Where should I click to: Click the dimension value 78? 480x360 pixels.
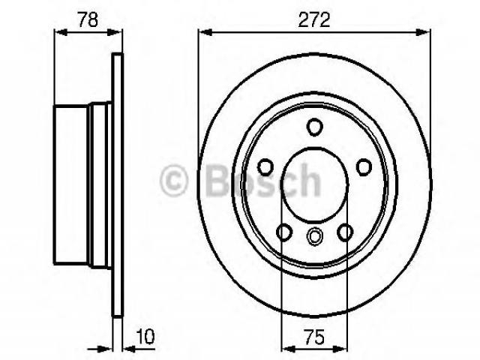pyautogui.click(x=88, y=19)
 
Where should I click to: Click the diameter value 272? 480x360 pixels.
pyautogui.click(x=314, y=19)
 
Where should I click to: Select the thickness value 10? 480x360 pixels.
pyautogui.click(x=145, y=337)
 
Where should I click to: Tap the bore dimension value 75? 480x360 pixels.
pyautogui.click(x=314, y=337)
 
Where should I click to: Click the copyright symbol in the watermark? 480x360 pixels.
pyautogui.click(x=173, y=180)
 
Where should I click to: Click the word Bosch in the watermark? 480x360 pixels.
pyautogui.click(x=263, y=180)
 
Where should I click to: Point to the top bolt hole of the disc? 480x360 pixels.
pyautogui.click(x=314, y=127)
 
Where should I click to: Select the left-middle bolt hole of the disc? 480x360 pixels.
pyautogui.click(x=265, y=167)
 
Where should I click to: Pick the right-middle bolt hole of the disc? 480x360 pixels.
pyautogui.click(x=364, y=167)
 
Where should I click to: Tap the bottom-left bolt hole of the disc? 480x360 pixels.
pyautogui.click(x=284, y=232)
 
